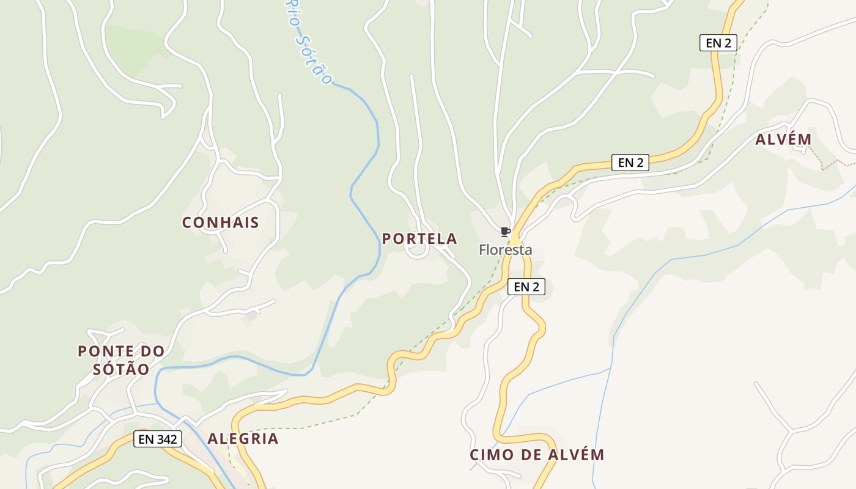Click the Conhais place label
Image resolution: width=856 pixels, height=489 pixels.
(x=221, y=222)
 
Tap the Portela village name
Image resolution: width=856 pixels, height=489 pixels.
(x=419, y=239)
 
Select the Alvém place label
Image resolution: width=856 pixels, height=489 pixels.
(x=783, y=139)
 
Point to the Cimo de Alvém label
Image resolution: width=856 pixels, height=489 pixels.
(x=537, y=455)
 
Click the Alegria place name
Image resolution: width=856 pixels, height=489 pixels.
(x=243, y=438)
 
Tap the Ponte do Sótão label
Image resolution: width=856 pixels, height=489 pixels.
(x=121, y=360)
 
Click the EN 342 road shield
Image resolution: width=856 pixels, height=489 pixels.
(x=158, y=439)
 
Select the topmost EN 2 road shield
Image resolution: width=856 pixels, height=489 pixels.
(x=718, y=43)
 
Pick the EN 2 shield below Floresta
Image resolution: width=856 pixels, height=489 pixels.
(x=526, y=287)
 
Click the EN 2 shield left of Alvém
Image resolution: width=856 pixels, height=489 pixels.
(x=630, y=163)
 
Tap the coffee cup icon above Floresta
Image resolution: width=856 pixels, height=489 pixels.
(x=505, y=232)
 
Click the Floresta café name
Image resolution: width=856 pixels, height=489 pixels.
(x=505, y=250)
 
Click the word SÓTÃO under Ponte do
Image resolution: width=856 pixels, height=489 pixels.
(x=121, y=369)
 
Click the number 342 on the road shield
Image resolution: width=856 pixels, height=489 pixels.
(x=166, y=439)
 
